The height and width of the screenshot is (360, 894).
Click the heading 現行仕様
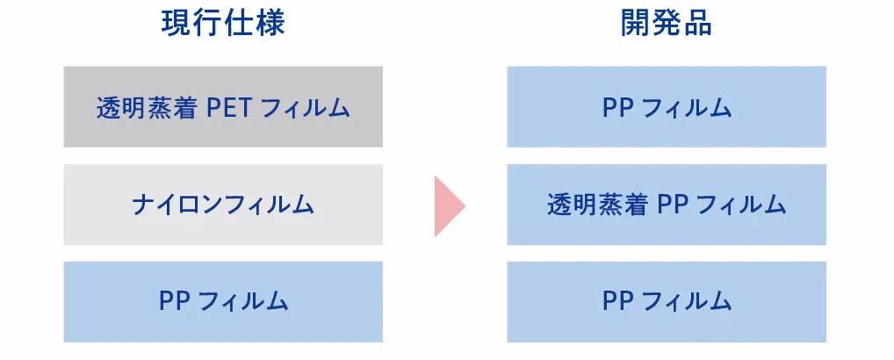coord(223,24)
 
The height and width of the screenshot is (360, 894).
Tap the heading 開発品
coord(667,24)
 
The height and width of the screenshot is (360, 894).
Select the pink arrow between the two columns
coord(450,205)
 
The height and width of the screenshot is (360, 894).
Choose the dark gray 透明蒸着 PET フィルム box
coord(223,107)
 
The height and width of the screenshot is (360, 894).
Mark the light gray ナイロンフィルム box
coord(223,205)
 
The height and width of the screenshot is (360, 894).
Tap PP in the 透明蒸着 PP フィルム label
coord(673,205)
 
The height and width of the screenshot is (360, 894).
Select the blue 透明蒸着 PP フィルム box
coord(667,205)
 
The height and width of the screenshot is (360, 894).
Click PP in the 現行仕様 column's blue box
coord(175,302)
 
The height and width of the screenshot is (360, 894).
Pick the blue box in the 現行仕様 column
coord(223,302)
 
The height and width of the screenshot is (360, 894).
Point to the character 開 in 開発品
coord(636,24)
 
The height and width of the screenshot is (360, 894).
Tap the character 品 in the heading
coord(697,24)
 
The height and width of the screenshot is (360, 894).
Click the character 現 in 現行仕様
coord(177,24)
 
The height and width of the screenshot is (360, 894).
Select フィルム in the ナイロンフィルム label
coord(268,205)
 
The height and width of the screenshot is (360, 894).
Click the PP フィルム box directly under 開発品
coord(667,107)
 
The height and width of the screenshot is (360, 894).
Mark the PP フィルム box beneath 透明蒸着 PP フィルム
coord(667,302)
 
